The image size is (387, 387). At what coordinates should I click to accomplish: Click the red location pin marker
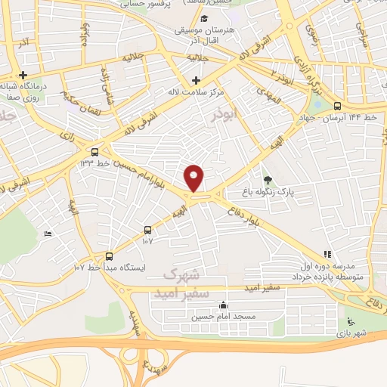(194, 178)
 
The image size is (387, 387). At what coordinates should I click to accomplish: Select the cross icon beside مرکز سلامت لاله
(196, 80)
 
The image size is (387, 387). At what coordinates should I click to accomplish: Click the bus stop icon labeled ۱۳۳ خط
(94, 150)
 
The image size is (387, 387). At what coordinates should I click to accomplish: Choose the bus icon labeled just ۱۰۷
(147, 230)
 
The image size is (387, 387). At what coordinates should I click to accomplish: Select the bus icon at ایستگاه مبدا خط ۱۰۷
(110, 256)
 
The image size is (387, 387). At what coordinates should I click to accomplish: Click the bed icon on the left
(48, 235)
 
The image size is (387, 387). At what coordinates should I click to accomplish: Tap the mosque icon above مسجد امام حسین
(222, 305)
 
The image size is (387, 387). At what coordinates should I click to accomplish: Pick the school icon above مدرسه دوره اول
(327, 255)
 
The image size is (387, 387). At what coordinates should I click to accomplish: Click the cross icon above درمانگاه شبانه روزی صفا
(23, 75)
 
